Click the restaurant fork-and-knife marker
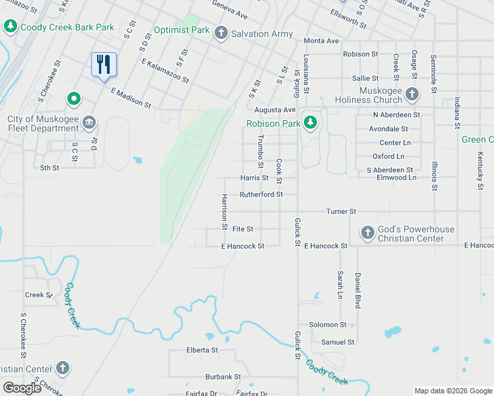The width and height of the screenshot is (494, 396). click(104, 64)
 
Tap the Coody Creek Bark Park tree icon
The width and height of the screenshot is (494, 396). click(10, 26)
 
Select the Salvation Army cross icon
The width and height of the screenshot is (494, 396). click(221, 33)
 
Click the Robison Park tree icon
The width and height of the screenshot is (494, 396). click(310, 123)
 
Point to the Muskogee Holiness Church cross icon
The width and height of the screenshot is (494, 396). click(412, 94)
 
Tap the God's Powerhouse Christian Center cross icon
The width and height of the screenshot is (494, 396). click(367, 232)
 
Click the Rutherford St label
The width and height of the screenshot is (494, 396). click(261, 195)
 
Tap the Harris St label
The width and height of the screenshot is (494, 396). click(254, 178)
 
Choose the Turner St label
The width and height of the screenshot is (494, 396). click(341, 212)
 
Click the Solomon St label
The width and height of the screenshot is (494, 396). click(328, 325)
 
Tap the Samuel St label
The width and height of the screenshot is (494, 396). click(337, 342)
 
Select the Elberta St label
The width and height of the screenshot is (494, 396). click(202, 350)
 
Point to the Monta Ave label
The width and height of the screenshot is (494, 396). click(322, 41)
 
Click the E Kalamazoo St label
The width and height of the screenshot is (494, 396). click(165, 70)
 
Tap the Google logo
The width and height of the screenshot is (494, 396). click(22, 388)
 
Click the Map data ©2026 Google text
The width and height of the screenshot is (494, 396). click(452, 391)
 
